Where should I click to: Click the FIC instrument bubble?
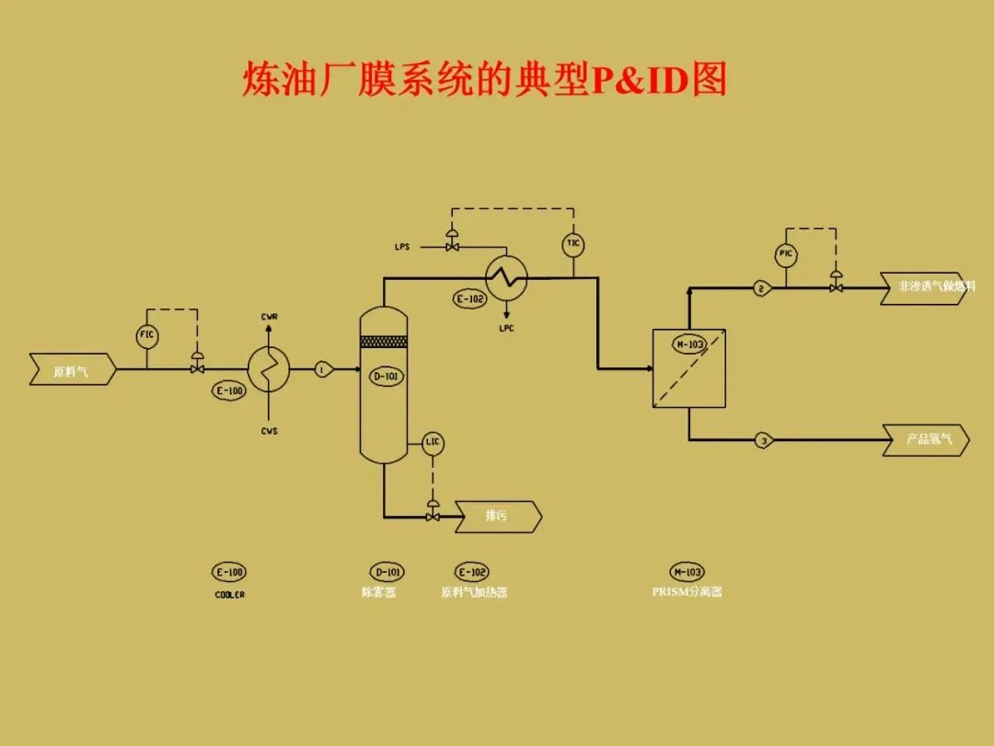(147, 336)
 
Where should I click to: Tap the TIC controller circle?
(573, 244)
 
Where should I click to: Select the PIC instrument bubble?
(785, 255)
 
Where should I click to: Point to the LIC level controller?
(433, 443)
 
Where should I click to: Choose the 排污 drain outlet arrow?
(498, 517)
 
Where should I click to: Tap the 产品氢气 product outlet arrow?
(925, 440)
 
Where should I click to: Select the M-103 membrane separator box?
(688, 367)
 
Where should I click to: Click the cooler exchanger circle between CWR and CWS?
(269, 369)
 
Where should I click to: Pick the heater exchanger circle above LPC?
(506, 275)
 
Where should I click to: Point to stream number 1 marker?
(322, 369)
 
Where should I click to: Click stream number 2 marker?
(761, 288)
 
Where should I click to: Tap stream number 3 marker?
(763, 440)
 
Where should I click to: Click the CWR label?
(270, 317)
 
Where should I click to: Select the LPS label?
(402, 247)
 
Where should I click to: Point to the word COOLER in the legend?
(229, 595)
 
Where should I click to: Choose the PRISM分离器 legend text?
(687, 592)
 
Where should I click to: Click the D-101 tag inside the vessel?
(386, 376)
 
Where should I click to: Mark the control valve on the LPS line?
(452, 246)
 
